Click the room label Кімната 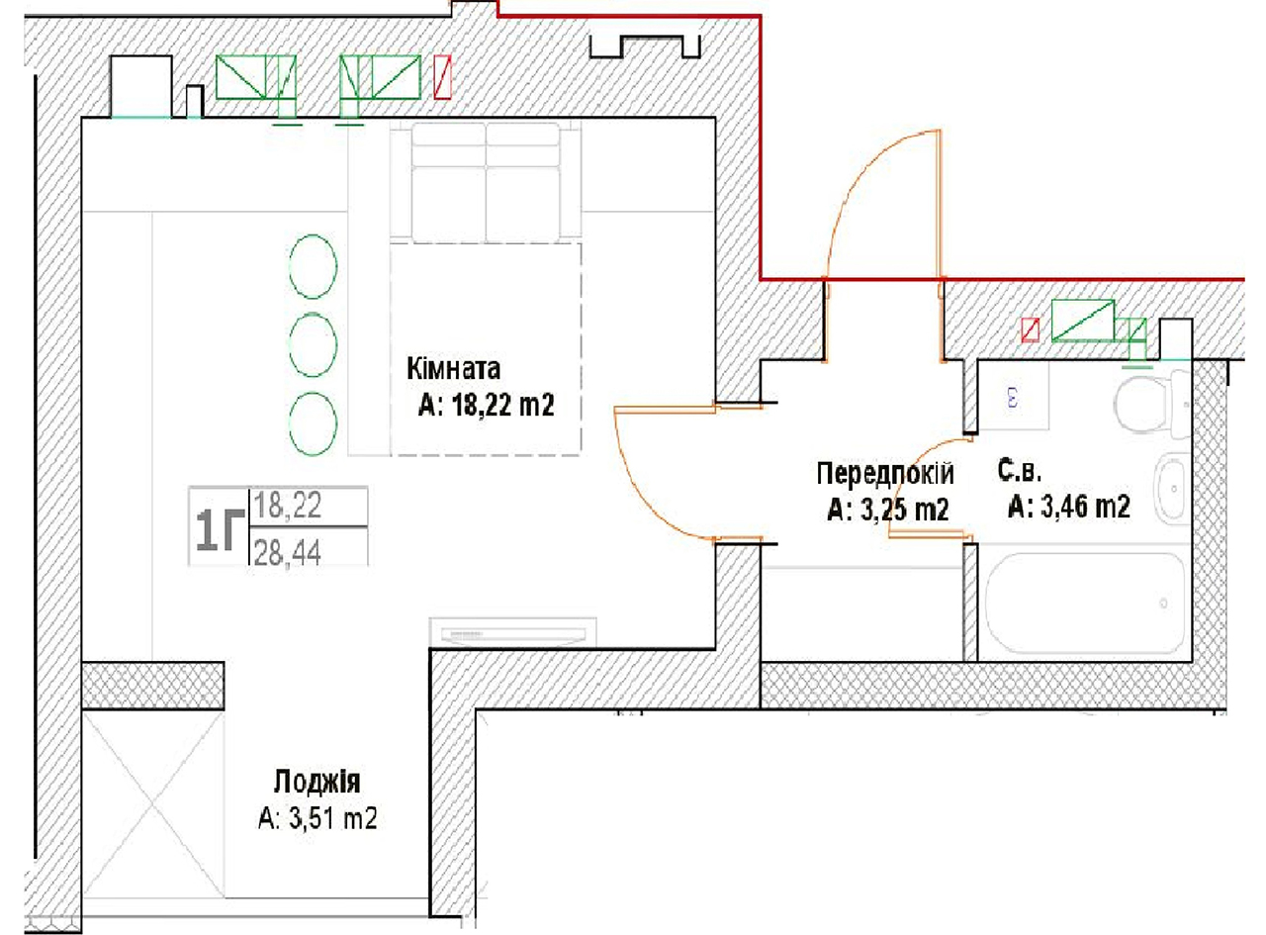pyautogui.click(x=453, y=368)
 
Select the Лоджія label pyautogui.click(x=316, y=782)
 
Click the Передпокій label pyautogui.click(x=885, y=474)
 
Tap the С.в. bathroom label pyautogui.click(x=1020, y=470)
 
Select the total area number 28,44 pyautogui.click(x=288, y=552)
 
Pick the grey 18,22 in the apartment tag pyautogui.click(x=288, y=505)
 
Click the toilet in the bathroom pyautogui.click(x=1152, y=402)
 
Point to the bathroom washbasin pyautogui.click(x=1172, y=489)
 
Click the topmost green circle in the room pyautogui.click(x=313, y=266)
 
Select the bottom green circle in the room pyautogui.click(x=313, y=423)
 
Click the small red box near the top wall pyautogui.click(x=442, y=77)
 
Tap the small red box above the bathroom pyautogui.click(x=1030, y=330)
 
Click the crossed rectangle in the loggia pyautogui.click(x=153, y=804)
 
